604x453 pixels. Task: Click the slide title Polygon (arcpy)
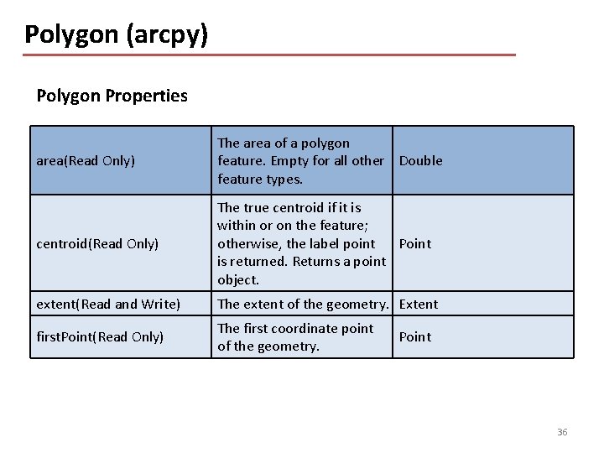point(116,34)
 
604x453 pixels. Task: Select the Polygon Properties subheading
point(112,96)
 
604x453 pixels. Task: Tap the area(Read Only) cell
point(86,160)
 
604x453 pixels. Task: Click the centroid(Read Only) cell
point(97,243)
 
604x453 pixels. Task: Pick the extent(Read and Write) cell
point(108,304)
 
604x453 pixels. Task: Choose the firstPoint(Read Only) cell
point(100,336)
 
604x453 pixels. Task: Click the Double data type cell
point(420,160)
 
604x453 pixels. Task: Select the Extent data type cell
point(419,304)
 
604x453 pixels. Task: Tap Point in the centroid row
point(414,243)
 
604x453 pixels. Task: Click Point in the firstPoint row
point(414,336)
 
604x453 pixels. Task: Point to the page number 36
point(562,432)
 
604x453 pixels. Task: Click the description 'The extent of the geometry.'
point(303,304)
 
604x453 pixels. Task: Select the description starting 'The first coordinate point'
point(294,336)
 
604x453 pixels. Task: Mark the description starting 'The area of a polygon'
point(299,160)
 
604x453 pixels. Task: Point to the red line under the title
point(268,55)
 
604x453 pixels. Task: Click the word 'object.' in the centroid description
point(238,279)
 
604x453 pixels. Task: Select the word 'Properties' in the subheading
point(146,96)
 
